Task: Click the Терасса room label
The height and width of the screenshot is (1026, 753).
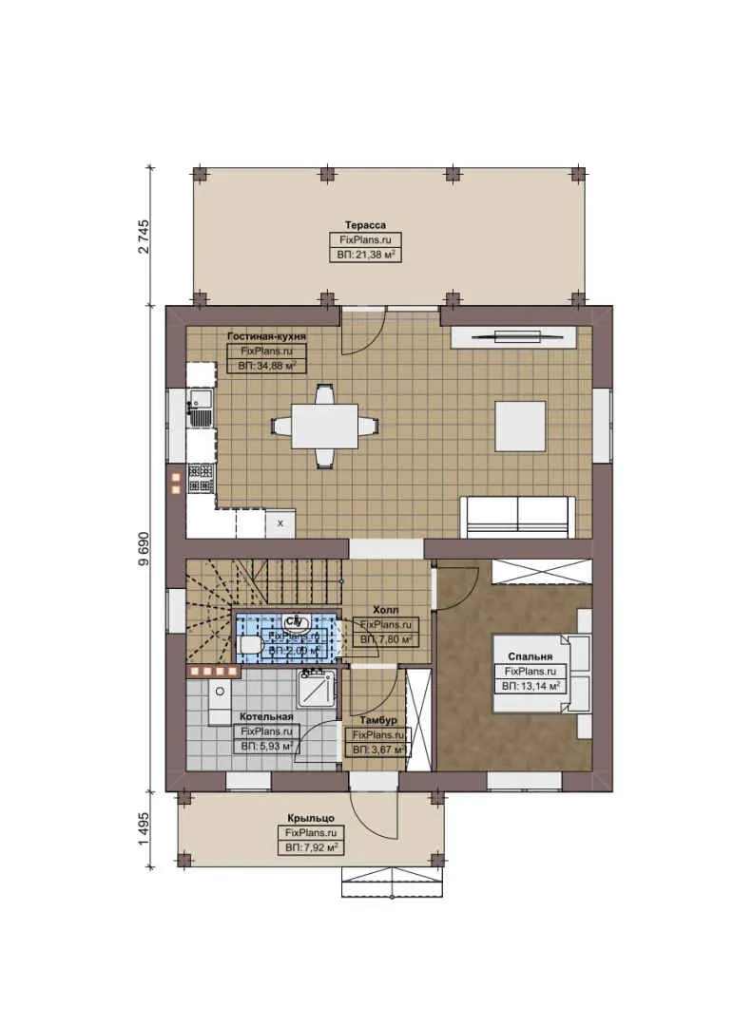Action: (365, 225)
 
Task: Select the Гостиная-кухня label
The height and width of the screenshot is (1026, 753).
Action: (266, 336)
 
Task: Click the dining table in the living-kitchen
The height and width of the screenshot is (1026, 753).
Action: (324, 426)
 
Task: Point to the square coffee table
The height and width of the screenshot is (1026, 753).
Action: (520, 426)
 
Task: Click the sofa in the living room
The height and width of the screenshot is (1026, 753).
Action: (516, 516)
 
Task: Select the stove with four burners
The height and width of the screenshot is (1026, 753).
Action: (201, 477)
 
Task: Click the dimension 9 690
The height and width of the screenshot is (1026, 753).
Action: (145, 548)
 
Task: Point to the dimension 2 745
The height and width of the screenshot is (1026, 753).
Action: (145, 235)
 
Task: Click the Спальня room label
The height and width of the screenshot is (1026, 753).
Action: (531, 656)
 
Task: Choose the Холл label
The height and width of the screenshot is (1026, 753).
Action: (386, 610)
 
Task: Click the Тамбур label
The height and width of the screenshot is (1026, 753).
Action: (379, 721)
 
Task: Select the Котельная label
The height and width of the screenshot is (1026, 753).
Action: (266, 716)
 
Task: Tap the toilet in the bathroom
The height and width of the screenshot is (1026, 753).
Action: (251, 646)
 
